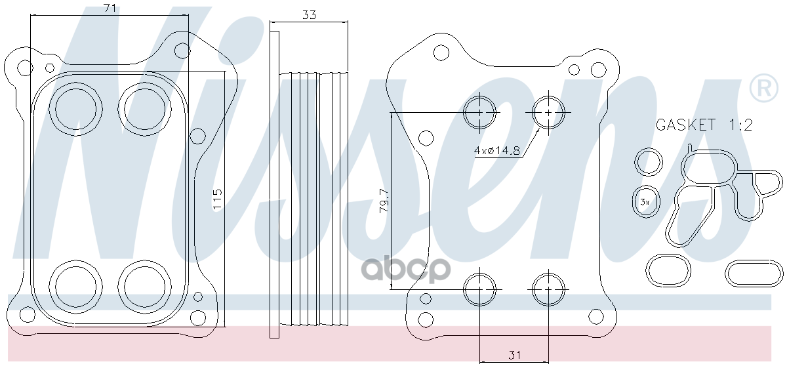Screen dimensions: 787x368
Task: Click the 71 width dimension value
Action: pyautogui.click(x=110, y=8)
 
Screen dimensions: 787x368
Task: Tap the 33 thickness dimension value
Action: pyautogui.click(x=309, y=15)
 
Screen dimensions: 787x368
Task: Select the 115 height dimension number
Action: pyautogui.click(x=218, y=199)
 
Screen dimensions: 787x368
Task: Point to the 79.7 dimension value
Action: pyautogui.click(x=384, y=200)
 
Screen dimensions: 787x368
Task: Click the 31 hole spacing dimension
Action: pyautogui.click(x=514, y=355)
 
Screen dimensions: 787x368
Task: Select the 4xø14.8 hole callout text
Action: pyautogui.click(x=497, y=150)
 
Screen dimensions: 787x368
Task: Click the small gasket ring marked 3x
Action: pyautogui.click(x=646, y=202)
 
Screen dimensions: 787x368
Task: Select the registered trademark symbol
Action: pyautogui.click(x=764, y=88)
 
